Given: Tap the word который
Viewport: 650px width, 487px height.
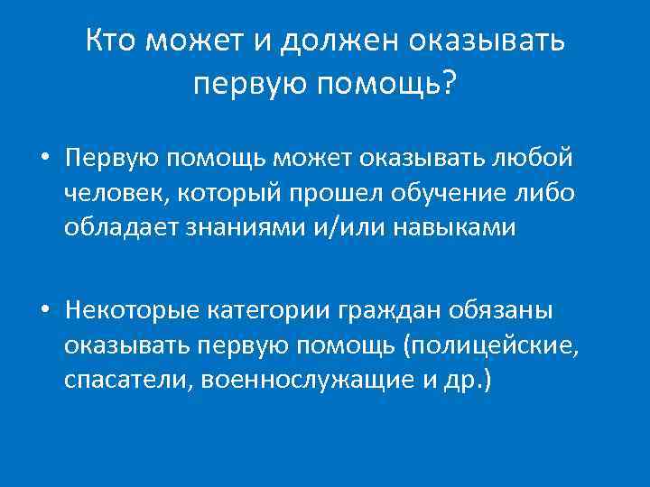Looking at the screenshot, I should (221, 193).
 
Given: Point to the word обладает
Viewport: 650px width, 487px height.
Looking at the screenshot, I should (122, 227).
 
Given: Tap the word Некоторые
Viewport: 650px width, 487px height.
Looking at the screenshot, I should (131, 311).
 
